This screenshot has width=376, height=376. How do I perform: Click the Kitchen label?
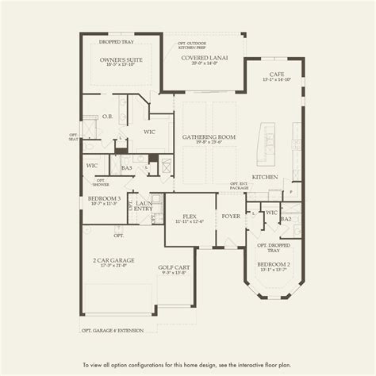click(x=264, y=177)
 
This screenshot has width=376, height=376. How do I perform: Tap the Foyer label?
click(x=231, y=215)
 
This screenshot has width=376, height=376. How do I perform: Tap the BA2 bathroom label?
click(x=286, y=218)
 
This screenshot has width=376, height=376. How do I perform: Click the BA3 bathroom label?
click(x=126, y=167)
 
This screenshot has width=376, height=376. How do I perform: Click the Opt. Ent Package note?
click(x=238, y=185)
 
